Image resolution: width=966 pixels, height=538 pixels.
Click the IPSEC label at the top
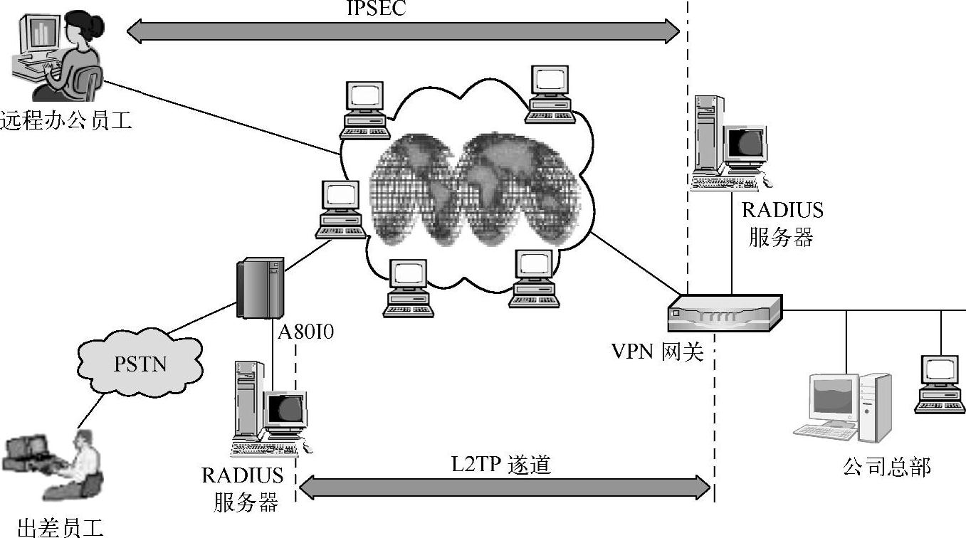[x=377, y=9]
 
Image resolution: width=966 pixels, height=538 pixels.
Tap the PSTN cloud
[x=140, y=364]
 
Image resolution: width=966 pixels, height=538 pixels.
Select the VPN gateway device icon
[x=724, y=313]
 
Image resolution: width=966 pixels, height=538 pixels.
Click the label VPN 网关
[x=657, y=352]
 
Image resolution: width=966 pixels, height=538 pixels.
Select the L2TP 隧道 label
[x=501, y=465]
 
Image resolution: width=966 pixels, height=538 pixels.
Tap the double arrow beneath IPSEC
[x=403, y=30]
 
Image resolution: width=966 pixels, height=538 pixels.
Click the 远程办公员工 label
[x=66, y=120]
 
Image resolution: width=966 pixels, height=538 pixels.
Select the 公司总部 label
[x=886, y=467]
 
